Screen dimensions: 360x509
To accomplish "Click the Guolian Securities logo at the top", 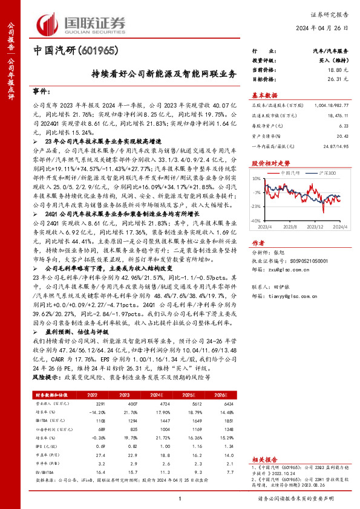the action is [x=82, y=23].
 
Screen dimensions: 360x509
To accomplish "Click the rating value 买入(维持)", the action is [x=335, y=61].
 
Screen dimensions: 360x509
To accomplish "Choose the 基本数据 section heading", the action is [x=264, y=95].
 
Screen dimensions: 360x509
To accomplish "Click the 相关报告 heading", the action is [x=264, y=459].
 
